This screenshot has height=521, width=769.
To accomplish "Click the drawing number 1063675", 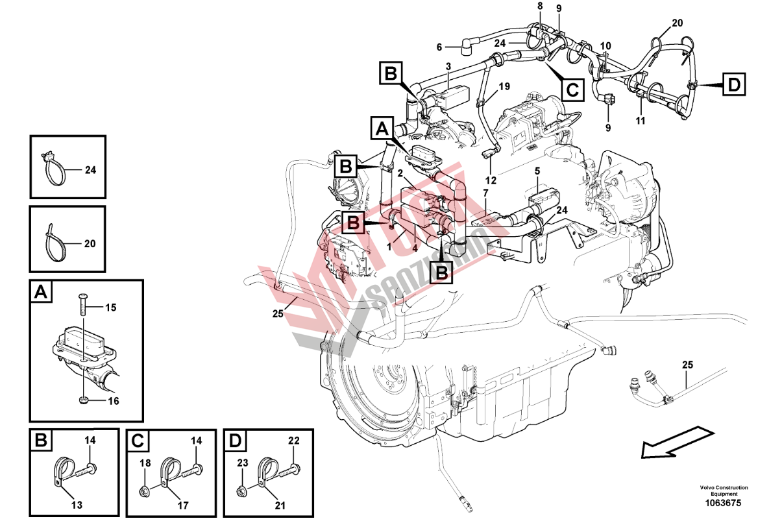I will (x=724, y=503).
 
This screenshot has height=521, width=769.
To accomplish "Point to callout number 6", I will (x=439, y=47).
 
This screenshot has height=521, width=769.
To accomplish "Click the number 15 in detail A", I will (x=110, y=308).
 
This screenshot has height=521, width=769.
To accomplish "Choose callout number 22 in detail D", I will (x=294, y=441).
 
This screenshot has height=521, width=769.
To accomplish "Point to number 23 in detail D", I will (x=242, y=463).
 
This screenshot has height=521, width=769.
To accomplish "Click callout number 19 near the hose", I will (x=504, y=86).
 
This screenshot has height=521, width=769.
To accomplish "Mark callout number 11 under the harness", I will (x=641, y=121).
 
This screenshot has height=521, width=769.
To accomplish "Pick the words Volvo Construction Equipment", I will (x=724, y=491).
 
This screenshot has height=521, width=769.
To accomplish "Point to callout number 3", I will (x=448, y=67).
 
